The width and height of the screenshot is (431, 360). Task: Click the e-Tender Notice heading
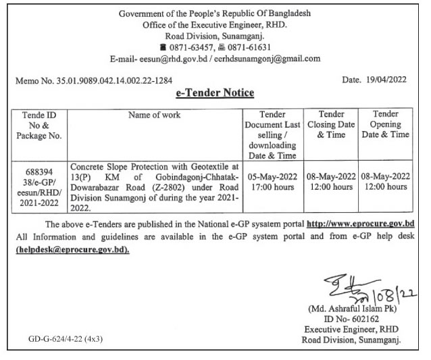(x=215, y=93)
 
